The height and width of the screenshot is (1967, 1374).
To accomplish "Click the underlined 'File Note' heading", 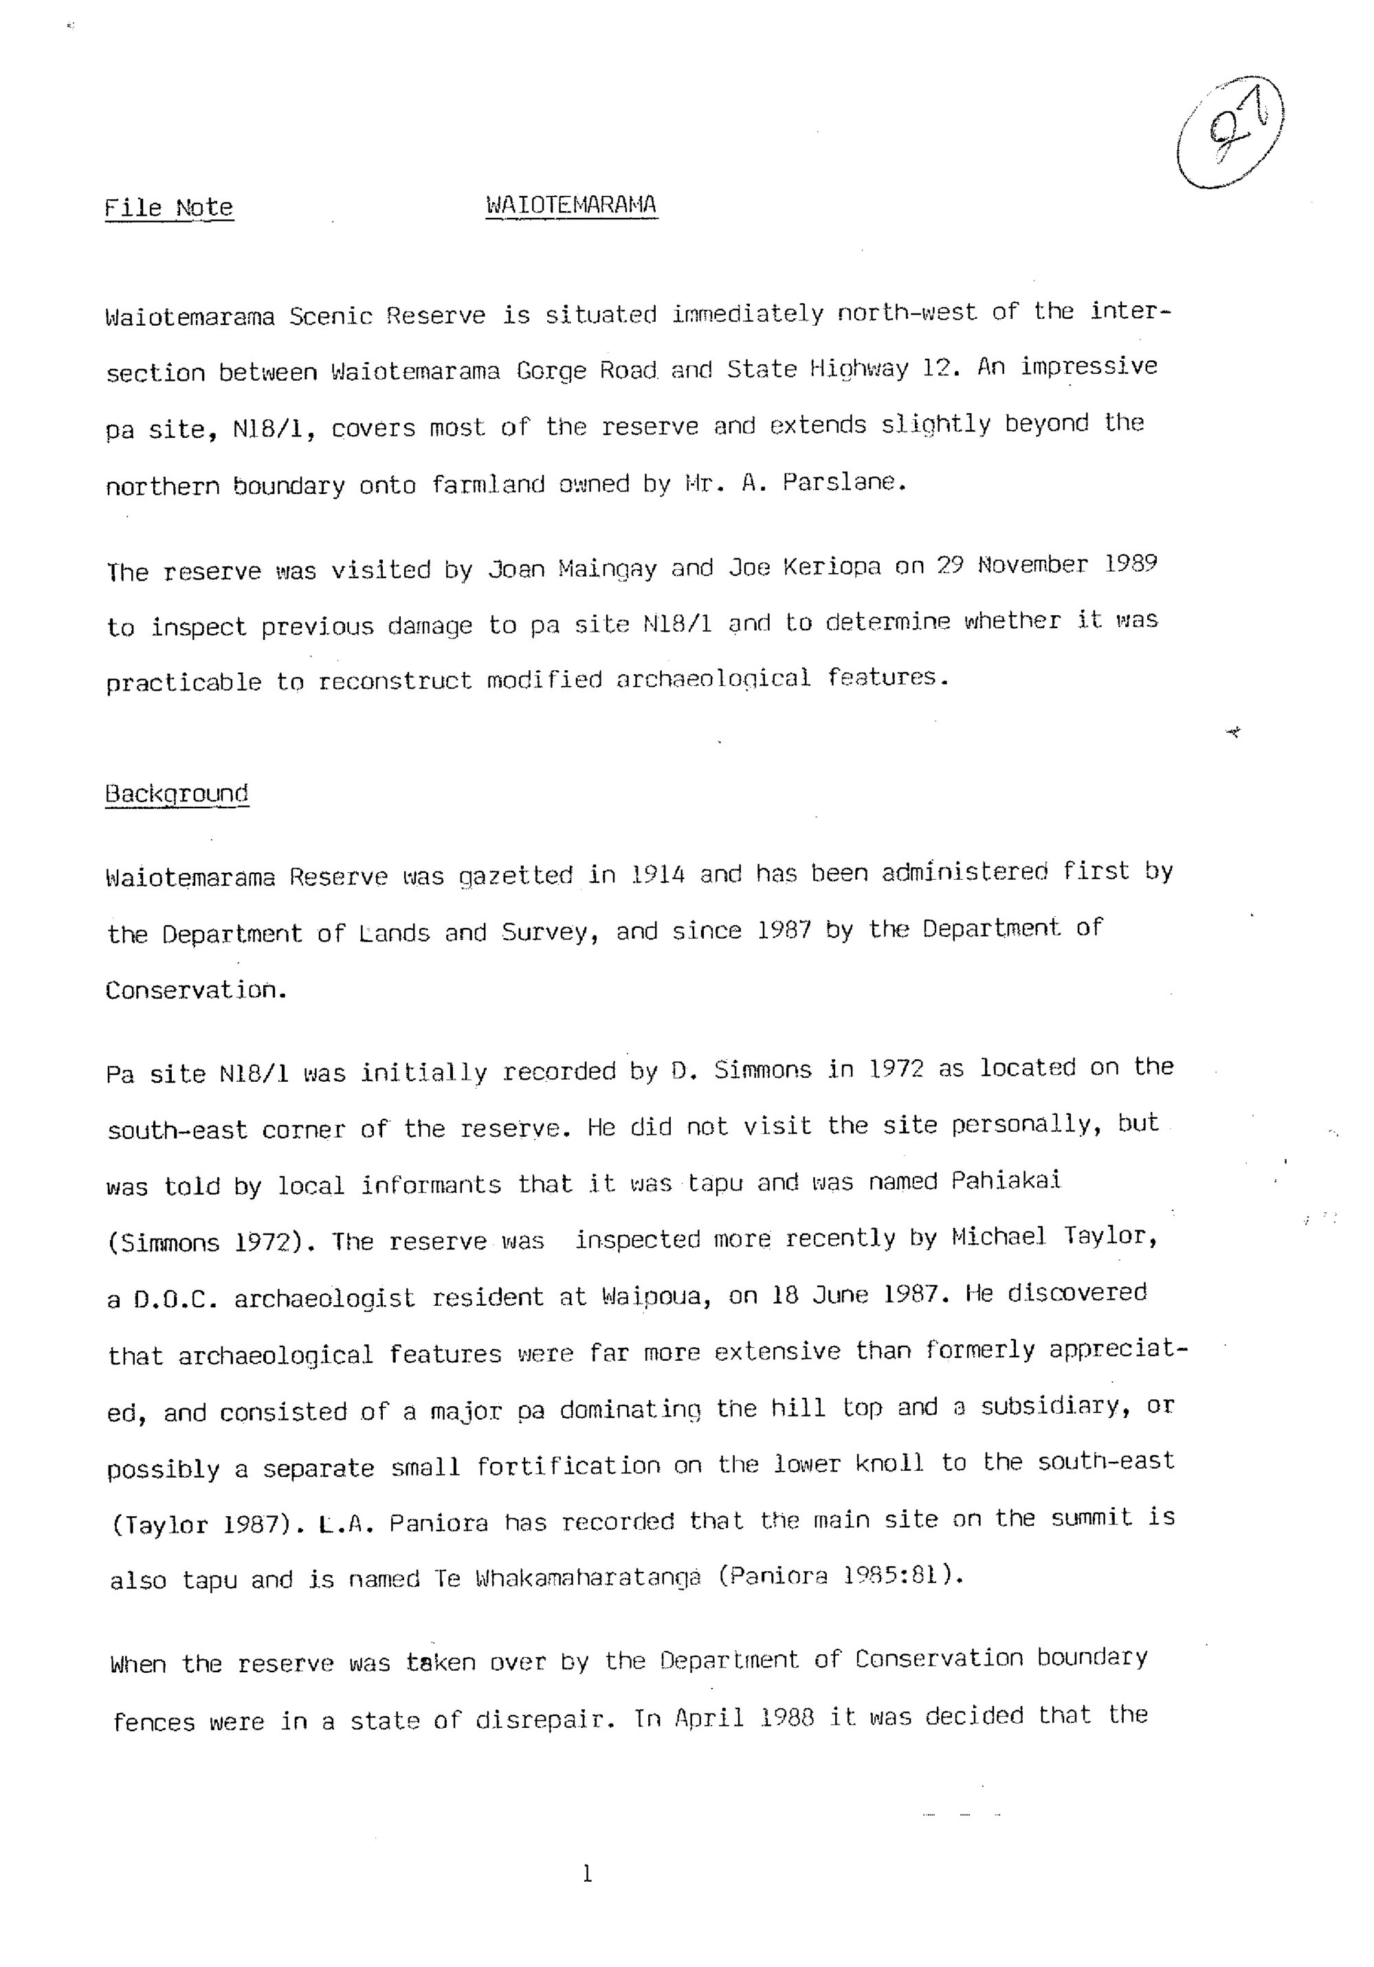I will [169, 208].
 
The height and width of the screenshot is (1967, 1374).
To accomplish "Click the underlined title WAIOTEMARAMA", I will [571, 205].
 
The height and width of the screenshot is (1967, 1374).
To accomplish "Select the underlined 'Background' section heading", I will [177, 793].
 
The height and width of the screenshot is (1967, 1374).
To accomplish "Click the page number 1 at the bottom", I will [587, 1874].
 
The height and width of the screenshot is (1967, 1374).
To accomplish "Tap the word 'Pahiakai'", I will [1006, 1181].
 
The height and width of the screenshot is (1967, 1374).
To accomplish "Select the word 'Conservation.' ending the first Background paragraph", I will [196, 990].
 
